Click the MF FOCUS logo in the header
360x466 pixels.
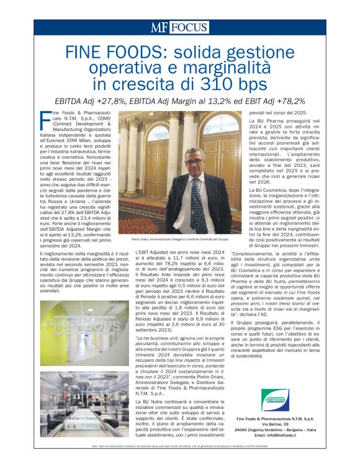pyautogui.click(x=179, y=27)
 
